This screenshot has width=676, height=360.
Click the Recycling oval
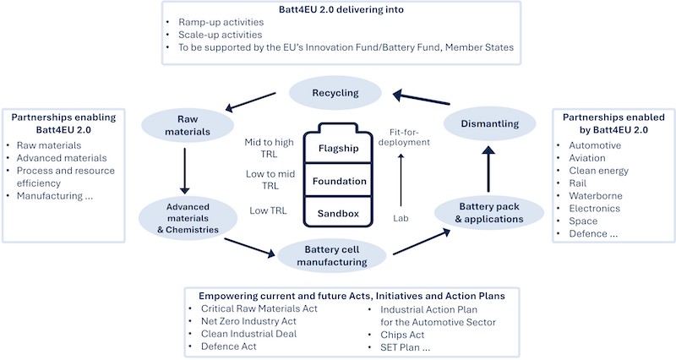335,93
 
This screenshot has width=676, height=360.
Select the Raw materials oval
188,125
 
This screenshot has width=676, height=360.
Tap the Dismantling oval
490,123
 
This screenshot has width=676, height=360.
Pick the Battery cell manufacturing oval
331,256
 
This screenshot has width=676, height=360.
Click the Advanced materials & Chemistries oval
188,218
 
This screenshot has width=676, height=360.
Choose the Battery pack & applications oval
489,213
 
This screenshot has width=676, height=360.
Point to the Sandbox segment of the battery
339,213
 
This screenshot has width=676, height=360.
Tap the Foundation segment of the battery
339,181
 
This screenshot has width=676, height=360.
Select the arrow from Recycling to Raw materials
250,101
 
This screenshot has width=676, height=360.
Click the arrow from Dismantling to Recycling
421,97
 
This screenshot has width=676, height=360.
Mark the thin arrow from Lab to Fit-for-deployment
401,180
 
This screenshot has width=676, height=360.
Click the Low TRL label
268,210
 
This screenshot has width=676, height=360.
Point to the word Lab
401,218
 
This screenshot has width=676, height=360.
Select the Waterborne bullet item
596,196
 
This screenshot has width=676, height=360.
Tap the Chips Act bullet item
402,335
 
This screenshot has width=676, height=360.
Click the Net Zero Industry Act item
248,321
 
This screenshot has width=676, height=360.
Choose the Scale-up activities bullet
221,35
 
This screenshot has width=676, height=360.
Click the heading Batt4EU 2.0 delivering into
341,9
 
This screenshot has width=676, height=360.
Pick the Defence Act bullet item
228,346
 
